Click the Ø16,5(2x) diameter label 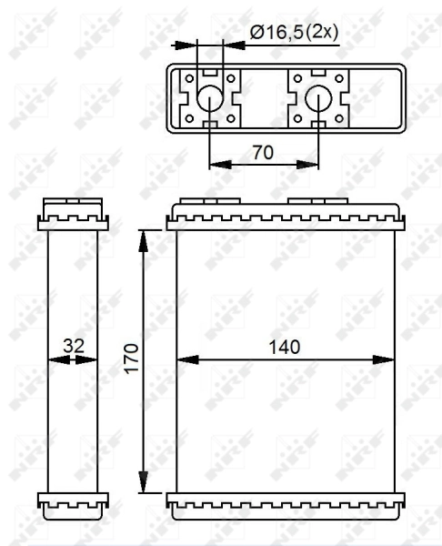pyautogui.click(x=293, y=32)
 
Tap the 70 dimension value pyautogui.click(x=263, y=152)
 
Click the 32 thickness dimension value pyautogui.click(x=73, y=347)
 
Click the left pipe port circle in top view pyautogui.click(x=209, y=98)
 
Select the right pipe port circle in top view pyautogui.click(x=318, y=98)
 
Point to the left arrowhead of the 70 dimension pyautogui.click(x=215, y=165)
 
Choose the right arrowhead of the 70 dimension pyautogui.click(x=313, y=165)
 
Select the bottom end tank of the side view pyautogui.click(x=73, y=501)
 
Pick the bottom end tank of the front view pyautogui.click(x=286, y=501)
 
